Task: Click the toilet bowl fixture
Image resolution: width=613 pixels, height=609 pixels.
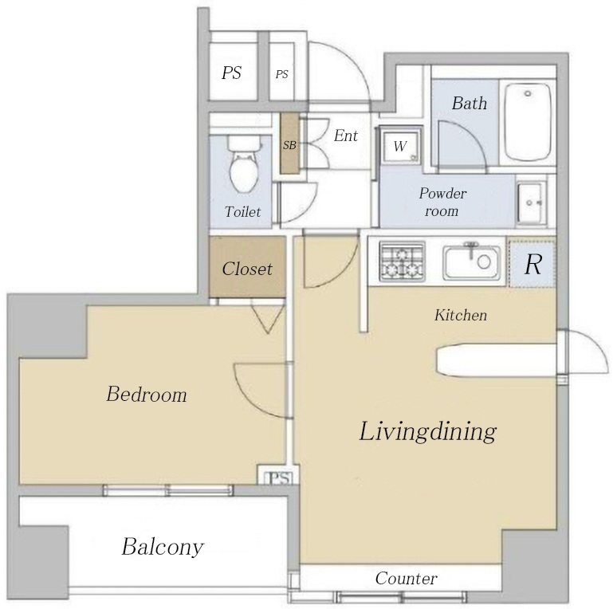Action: (244, 164)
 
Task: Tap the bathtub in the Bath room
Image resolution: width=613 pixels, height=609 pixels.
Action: (528, 122)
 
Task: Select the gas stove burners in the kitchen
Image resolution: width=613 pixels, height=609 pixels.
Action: (403, 261)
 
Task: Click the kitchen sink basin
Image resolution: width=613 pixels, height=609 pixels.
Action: (471, 261)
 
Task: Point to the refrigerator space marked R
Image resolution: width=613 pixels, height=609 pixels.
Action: (532, 264)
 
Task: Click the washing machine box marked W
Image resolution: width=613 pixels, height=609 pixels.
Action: (400, 146)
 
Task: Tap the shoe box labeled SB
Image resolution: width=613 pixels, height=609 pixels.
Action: (289, 143)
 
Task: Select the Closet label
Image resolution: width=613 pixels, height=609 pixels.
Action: (247, 269)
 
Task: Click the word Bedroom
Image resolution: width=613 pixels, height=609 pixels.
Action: (147, 394)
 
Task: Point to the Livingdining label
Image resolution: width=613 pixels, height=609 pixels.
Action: (428, 432)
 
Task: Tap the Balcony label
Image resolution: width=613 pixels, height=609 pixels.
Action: (163, 547)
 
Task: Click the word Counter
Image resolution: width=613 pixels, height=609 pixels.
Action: (407, 579)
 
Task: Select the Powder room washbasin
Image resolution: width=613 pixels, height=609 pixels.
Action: (531, 203)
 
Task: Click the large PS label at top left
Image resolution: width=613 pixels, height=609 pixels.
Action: (231, 73)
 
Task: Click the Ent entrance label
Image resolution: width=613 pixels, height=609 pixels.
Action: (346, 136)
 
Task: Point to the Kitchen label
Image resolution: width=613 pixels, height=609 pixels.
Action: (461, 315)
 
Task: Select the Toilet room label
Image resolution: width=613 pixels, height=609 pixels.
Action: (243, 212)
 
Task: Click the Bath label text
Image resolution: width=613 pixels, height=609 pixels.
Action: (470, 103)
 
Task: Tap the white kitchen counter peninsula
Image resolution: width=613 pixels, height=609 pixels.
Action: (497, 360)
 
